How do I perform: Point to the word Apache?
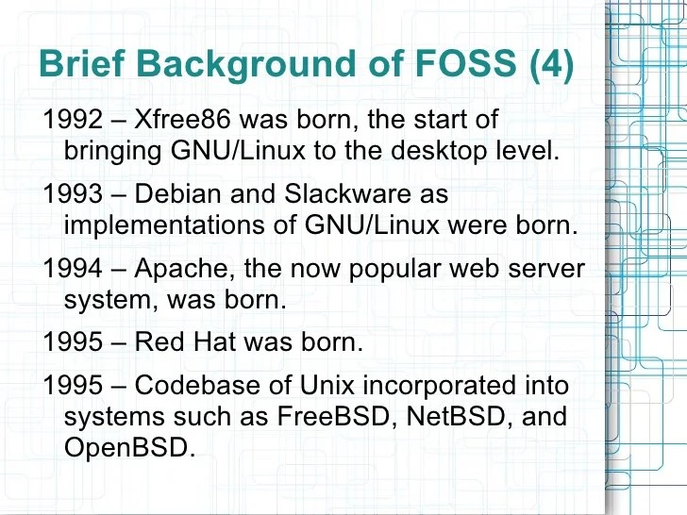pos(185,268)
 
